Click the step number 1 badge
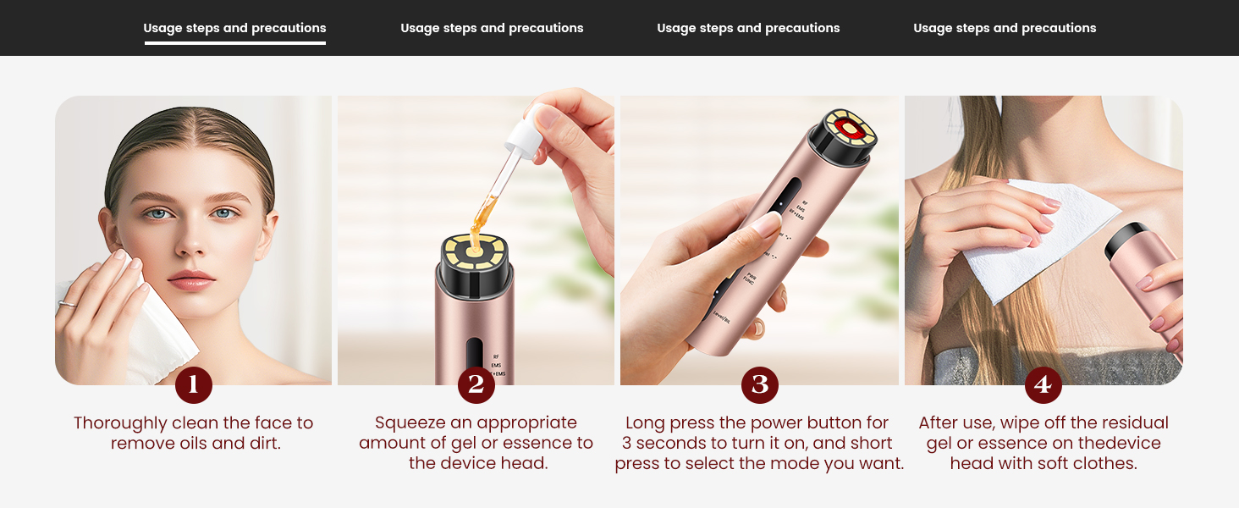click(x=194, y=385)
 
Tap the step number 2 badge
click(x=476, y=385)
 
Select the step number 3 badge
click(x=759, y=385)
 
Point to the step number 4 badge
click(x=1043, y=385)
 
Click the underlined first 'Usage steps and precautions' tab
click(x=234, y=28)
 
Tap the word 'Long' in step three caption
click(x=645, y=423)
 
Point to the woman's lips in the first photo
click(x=190, y=280)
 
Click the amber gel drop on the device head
click(x=474, y=246)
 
